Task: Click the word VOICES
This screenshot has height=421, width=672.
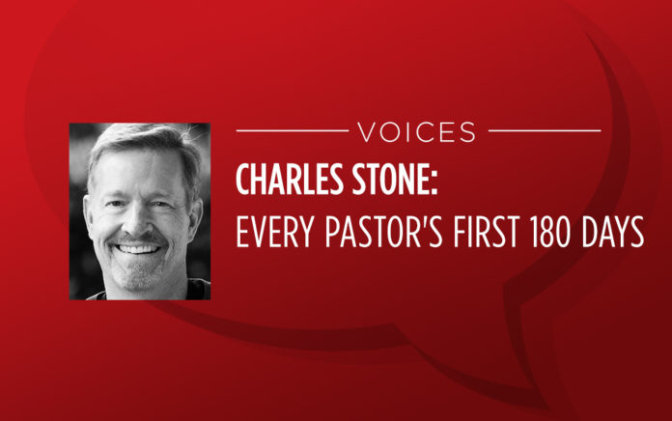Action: [x=417, y=132]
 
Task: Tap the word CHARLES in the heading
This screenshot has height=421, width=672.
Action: [x=290, y=180]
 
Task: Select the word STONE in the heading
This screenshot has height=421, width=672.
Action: [x=389, y=180]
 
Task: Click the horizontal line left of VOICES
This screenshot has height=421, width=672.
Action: [x=293, y=130]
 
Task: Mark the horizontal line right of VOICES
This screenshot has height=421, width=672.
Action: [x=545, y=130]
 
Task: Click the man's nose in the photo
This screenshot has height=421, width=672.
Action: [x=136, y=219]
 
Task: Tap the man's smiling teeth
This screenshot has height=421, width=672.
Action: [x=137, y=249]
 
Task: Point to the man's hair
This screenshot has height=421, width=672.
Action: [x=141, y=139]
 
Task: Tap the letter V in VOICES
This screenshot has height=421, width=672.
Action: [x=367, y=132]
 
